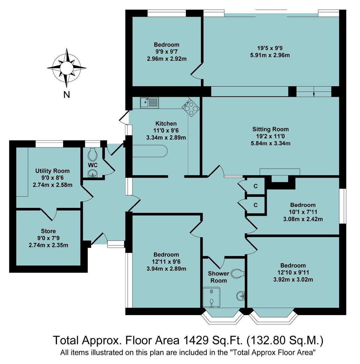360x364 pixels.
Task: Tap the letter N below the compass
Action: (x=67, y=95)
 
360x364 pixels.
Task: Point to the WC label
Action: (x=93, y=165)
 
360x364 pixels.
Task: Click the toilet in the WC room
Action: (x=93, y=154)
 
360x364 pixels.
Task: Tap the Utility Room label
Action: (x=53, y=171)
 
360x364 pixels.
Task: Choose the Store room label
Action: (x=48, y=231)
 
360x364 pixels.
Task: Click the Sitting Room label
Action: (x=270, y=129)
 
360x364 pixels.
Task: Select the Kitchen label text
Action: (x=166, y=124)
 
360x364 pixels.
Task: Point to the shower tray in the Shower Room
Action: (x=211, y=297)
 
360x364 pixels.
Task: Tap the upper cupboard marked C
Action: (x=256, y=186)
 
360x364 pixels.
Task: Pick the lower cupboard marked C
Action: (x=256, y=205)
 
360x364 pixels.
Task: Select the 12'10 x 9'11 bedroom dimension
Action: (x=292, y=272)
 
